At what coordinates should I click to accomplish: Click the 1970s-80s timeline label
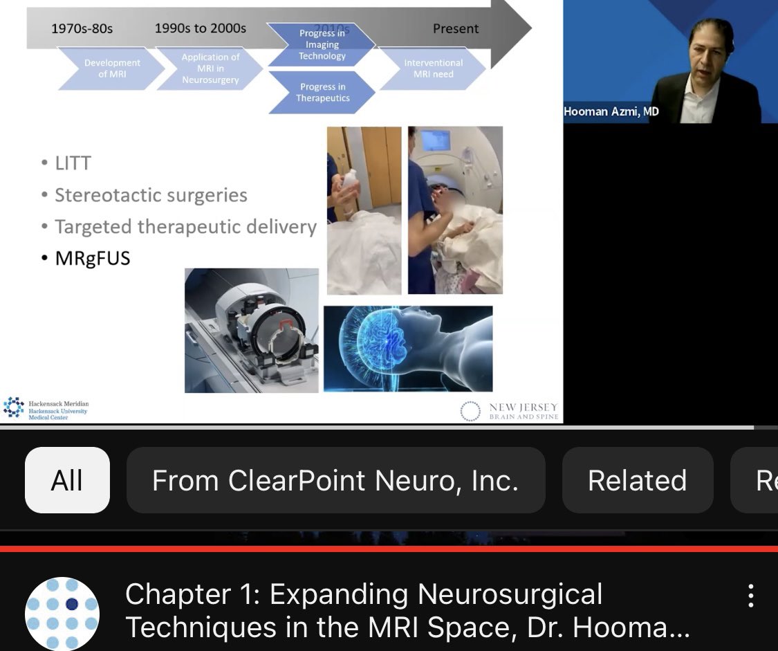(x=82, y=29)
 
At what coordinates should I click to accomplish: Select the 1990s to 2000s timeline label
(x=200, y=29)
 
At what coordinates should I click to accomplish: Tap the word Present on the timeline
(x=455, y=29)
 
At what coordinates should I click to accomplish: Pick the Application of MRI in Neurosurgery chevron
(x=210, y=68)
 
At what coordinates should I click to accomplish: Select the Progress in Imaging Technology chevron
(x=322, y=45)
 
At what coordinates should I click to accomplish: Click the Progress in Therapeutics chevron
(x=323, y=93)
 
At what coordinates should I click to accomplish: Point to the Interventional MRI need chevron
(x=433, y=68)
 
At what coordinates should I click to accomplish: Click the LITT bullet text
(x=73, y=163)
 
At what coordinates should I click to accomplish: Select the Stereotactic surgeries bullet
(x=151, y=196)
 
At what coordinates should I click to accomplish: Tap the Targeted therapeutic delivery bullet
(x=185, y=227)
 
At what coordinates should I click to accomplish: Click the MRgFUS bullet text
(x=93, y=259)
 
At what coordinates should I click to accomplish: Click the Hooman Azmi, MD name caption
(x=611, y=112)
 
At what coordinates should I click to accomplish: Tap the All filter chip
(x=67, y=480)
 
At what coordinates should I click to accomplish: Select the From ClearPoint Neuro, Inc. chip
(x=335, y=480)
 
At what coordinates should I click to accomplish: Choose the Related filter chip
(x=637, y=480)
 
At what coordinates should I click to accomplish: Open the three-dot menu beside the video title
(x=750, y=596)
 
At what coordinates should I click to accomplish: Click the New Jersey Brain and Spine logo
(x=510, y=411)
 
